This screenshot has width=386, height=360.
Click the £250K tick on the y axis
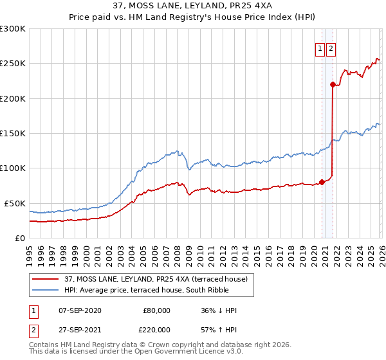point(13,64)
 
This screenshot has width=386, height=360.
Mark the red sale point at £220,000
point(333,84)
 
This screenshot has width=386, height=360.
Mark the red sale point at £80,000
point(322,182)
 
